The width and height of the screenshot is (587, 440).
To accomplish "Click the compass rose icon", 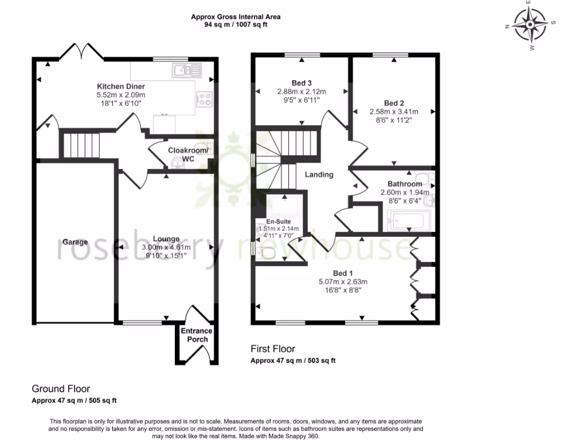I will click(x=530, y=26).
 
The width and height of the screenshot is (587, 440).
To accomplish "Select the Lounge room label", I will click(x=166, y=239).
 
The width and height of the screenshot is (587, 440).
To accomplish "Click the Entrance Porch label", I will click(x=197, y=335).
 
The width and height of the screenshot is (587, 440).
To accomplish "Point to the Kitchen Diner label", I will click(x=121, y=87).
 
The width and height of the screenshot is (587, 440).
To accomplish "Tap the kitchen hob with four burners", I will click(x=205, y=99).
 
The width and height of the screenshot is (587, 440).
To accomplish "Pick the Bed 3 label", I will click(x=302, y=83).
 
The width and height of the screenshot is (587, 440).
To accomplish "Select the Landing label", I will click(x=319, y=174).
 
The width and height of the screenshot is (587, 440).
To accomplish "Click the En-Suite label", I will click(x=279, y=221).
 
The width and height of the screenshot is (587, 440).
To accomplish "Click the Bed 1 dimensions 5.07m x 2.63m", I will click(x=343, y=281).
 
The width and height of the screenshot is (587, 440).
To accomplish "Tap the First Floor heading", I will click(x=273, y=348).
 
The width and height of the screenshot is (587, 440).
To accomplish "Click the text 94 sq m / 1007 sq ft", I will click(x=236, y=25).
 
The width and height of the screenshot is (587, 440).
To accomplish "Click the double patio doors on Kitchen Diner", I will click(x=81, y=52).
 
